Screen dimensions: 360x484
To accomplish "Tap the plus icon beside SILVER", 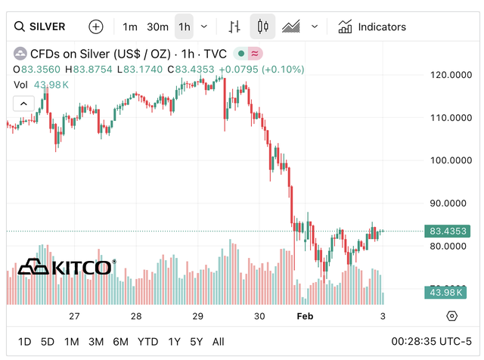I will [x=96, y=26].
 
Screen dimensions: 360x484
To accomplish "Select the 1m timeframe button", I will [x=130, y=26].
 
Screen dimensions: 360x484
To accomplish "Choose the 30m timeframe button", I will [x=157, y=26].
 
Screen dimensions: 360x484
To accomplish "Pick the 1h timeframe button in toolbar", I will [x=185, y=26].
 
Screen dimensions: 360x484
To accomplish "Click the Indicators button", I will [x=372, y=26].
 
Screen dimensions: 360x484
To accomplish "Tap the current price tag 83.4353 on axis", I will [x=447, y=231].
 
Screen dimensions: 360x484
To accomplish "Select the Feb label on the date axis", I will [x=304, y=316].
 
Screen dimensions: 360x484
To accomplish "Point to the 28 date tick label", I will [x=136, y=316].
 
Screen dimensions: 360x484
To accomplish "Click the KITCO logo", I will [x=67, y=266].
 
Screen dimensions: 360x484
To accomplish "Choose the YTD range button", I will [x=148, y=341].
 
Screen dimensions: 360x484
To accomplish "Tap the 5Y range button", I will [x=197, y=341].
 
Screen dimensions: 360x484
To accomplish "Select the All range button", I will [x=219, y=341].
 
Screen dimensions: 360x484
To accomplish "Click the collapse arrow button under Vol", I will [x=23, y=103].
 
